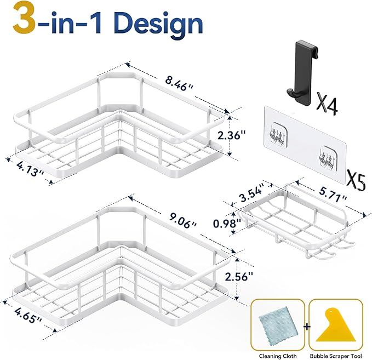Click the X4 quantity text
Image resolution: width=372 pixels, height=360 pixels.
pyautogui.click(x=328, y=104)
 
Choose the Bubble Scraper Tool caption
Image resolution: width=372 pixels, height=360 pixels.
pyautogui.click(x=336, y=352)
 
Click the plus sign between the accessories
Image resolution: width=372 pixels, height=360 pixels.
pyautogui.click(x=307, y=327)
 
